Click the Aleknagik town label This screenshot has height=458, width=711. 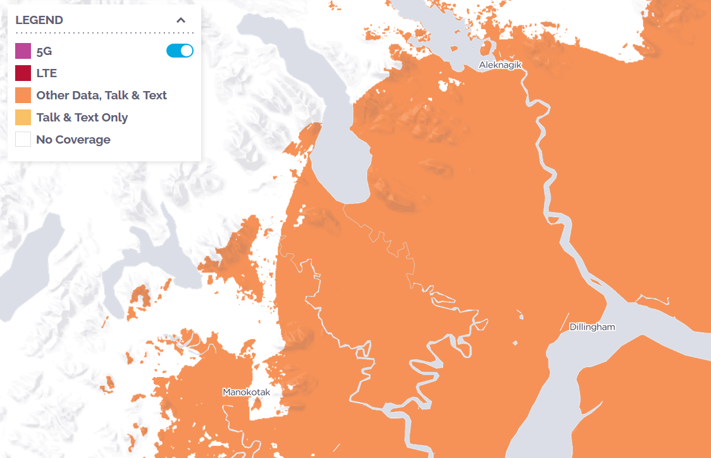pyautogui.click(x=500, y=65)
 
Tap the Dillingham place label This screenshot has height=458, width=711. pyautogui.click(x=592, y=327)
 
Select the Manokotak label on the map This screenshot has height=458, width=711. pyautogui.click(x=246, y=392)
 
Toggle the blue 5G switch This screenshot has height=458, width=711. pyautogui.click(x=180, y=51)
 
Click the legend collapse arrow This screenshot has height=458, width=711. pyautogui.click(x=181, y=20)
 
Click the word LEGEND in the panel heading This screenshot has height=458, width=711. pyautogui.click(x=39, y=20)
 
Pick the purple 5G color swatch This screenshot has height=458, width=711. pyautogui.click(x=23, y=51)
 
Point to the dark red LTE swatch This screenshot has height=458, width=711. pyautogui.click(x=23, y=73)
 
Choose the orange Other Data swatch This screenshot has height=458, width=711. pyautogui.click(x=23, y=96)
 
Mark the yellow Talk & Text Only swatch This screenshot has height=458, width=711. pyautogui.click(x=23, y=118)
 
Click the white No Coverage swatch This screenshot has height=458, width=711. pyautogui.click(x=23, y=140)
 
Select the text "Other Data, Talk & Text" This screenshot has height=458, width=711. pyautogui.click(x=101, y=96)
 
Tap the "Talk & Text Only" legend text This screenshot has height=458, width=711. pyautogui.click(x=82, y=118)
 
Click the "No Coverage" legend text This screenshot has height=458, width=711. pyautogui.click(x=73, y=140)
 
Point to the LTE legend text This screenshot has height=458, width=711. pyautogui.click(x=47, y=73)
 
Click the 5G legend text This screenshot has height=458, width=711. pyautogui.click(x=44, y=51)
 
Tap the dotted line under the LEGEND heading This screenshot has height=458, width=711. pyautogui.click(x=104, y=32)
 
